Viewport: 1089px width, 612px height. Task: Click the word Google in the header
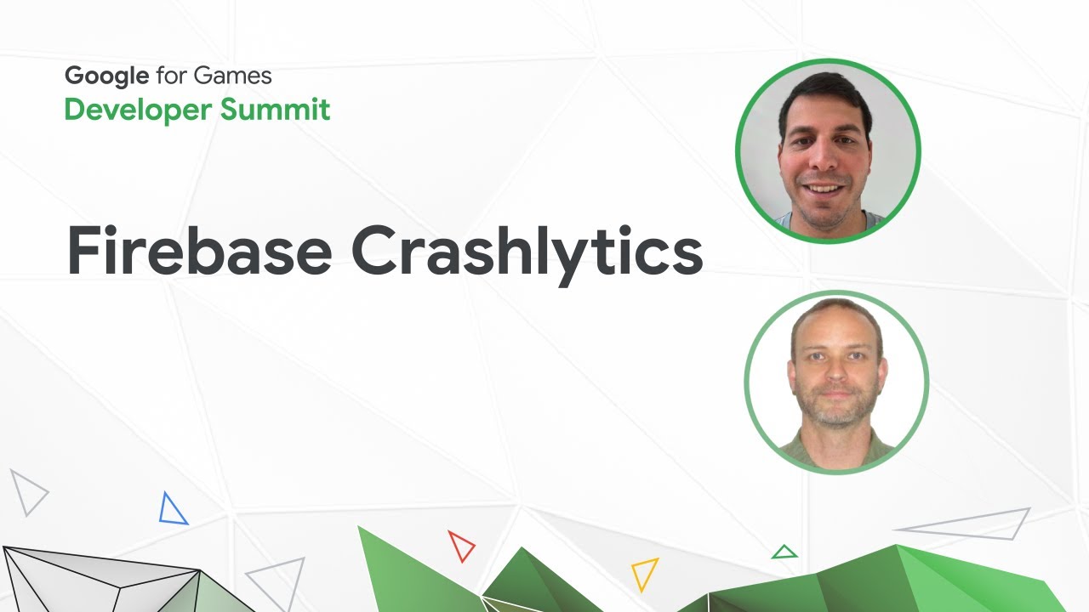(x=107, y=76)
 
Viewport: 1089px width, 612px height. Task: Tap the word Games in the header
(x=232, y=76)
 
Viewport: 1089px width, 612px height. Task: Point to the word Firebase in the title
(x=199, y=251)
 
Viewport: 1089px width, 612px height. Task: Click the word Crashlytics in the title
(x=527, y=252)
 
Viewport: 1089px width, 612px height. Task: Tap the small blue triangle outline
(x=172, y=509)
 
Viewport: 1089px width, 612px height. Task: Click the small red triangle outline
(x=460, y=545)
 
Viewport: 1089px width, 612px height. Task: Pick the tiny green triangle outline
(x=784, y=552)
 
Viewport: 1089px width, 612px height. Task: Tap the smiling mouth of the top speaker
(x=824, y=188)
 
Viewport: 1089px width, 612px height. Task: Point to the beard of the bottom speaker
(x=836, y=413)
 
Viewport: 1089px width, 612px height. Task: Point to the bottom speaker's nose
(x=836, y=380)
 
